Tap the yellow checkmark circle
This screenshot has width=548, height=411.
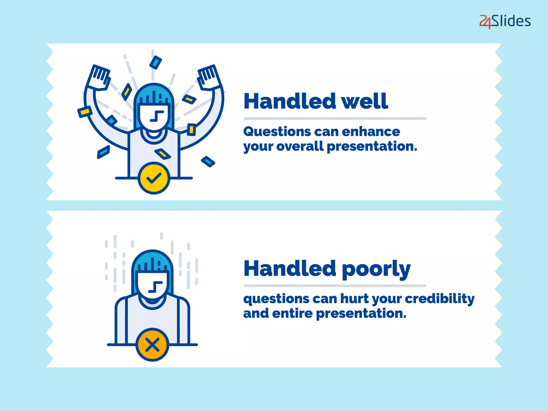[x=154, y=178]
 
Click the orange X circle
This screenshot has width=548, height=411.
[x=152, y=345]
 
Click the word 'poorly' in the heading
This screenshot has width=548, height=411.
[x=376, y=269]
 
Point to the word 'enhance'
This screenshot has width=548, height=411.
[x=371, y=132]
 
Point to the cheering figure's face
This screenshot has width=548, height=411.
[x=154, y=117]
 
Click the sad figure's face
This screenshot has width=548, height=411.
[x=153, y=284]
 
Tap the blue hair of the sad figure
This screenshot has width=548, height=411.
[x=152, y=261]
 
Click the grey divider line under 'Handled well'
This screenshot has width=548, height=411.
[x=335, y=119]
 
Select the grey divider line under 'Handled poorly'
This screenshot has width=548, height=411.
[x=335, y=286]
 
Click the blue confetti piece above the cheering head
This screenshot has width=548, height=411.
[x=155, y=62]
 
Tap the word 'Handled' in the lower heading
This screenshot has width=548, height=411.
[x=290, y=269]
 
